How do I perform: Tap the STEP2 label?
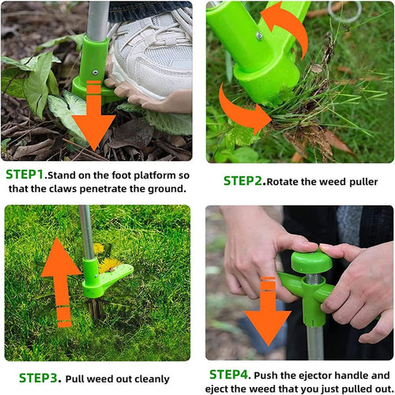click(243, 181)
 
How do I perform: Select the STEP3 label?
click(39, 378)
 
